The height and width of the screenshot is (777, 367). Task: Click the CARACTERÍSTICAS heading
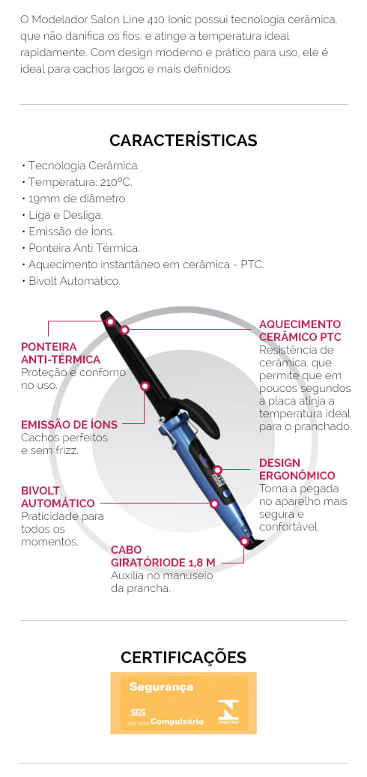[x=183, y=140]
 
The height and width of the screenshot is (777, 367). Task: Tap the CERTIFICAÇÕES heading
[x=183, y=657]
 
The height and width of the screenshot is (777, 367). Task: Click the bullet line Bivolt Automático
[x=71, y=281]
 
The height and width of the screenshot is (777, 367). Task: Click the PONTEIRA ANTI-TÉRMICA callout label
[x=61, y=353]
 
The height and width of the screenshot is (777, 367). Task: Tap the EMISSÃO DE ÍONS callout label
[x=70, y=425]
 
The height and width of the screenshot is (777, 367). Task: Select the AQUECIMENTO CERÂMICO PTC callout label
[x=300, y=330]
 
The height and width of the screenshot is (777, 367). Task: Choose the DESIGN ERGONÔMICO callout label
[x=297, y=469]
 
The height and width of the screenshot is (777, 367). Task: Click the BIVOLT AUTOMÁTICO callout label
[x=58, y=497]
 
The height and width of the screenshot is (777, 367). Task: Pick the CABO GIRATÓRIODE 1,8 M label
[x=163, y=557]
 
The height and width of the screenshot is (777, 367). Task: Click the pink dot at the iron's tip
[x=111, y=321]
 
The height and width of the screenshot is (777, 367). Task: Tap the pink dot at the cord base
[x=244, y=541]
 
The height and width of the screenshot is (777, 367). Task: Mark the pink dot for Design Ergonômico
[x=217, y=469]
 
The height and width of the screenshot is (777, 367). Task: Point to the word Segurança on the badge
[x=162, y=687]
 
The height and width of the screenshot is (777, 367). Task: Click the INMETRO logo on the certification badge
[x=228, y=713]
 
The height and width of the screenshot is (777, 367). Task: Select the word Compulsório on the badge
[x=177, y=722]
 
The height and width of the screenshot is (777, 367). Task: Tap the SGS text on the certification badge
[x=138, y=713]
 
